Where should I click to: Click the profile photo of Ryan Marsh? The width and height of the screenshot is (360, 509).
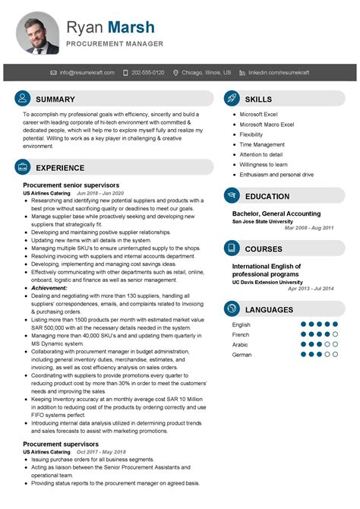tap(38, 32)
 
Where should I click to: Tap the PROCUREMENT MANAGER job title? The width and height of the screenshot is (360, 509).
tap(114, 44)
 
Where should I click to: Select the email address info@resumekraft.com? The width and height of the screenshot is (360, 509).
tap(87, 73)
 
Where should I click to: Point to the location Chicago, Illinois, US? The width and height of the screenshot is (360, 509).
tap(207, 73)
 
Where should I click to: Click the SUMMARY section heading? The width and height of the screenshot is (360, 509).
tap(55, 100)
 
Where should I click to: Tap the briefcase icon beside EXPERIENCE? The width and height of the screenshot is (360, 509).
tap(23, 167)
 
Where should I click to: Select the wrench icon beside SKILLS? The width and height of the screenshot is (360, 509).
tap(232, 100)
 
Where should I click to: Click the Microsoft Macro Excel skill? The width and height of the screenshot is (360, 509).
tap(267, 124)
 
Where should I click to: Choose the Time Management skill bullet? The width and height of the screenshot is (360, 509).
tap(262, 144)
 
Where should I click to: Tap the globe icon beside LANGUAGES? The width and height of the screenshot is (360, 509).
tap(232, 309)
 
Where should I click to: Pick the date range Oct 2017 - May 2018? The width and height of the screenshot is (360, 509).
tap(102, 453)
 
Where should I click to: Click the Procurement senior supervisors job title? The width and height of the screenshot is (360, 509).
tap(71, 185)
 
